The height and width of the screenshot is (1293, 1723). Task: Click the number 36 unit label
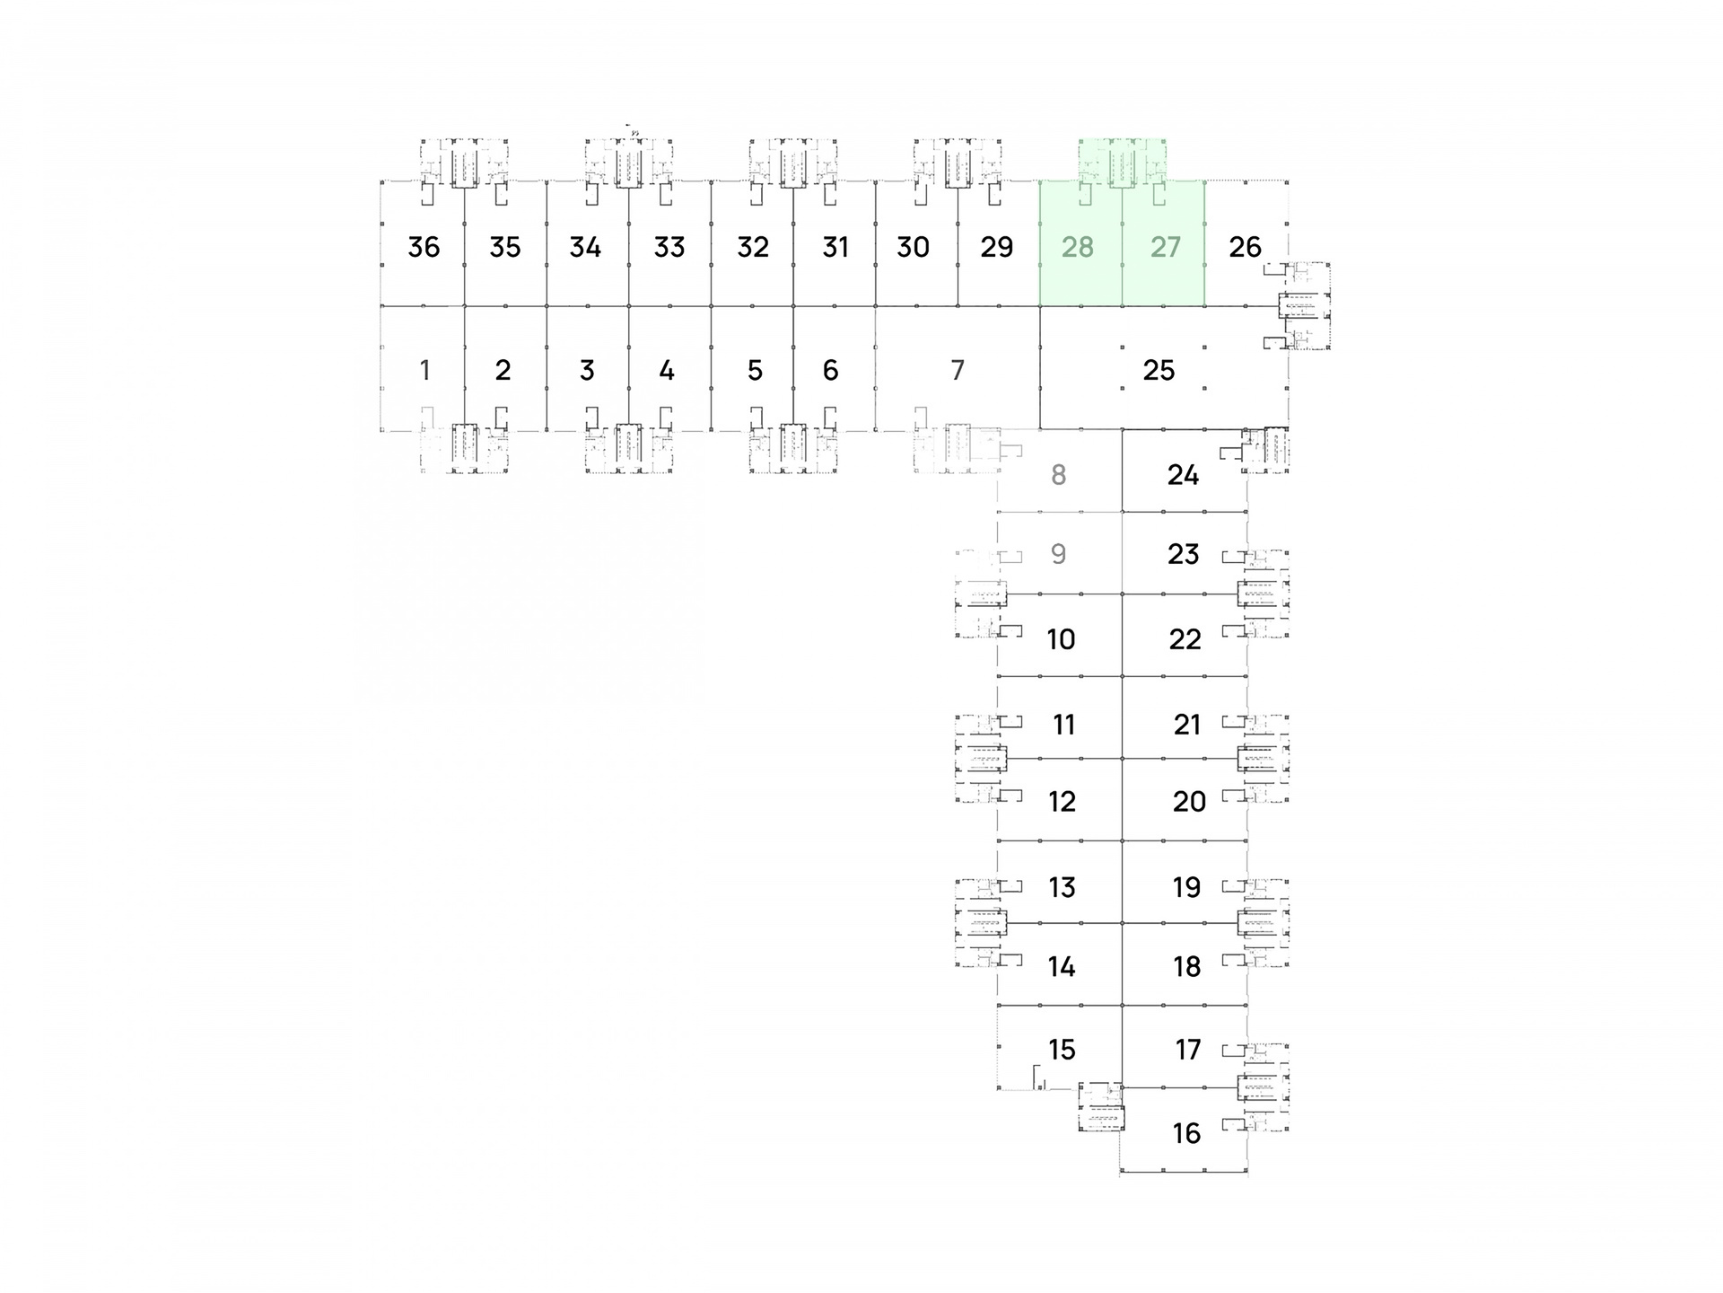click(x=424, y=247)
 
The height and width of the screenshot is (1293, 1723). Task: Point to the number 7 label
click(x=958, y=370)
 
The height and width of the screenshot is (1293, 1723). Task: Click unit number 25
click(x=1159, y=370)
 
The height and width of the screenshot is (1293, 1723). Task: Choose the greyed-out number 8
click(x=1059, y=474)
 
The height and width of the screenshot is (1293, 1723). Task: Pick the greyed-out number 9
click(x=1059, y=553)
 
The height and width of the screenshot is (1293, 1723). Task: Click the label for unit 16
click(x=1186, y=1133)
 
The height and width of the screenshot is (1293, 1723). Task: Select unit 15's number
click(x=1062, y=1049)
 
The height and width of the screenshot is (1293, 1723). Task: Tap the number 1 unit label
click(x=424, y=370)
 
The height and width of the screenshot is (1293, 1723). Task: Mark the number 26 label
click(x=1245, y=247)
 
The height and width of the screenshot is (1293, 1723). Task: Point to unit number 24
click(x=1183, y=474)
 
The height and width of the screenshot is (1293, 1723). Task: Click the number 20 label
click(x=1189, y=801)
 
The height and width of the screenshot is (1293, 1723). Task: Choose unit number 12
click(x=1062, y=801)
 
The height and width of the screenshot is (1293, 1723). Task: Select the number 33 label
click(x=669, y=247)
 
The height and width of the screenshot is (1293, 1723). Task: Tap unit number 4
click(x=666, y=370)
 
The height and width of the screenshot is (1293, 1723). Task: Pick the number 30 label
click(x=913, y=247)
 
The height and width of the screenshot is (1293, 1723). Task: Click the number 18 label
click(x=1186, y=966)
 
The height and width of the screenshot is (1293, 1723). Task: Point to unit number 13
click(x=1062, y=887)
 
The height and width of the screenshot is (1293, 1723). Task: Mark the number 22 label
click(x=1185, y=639)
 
